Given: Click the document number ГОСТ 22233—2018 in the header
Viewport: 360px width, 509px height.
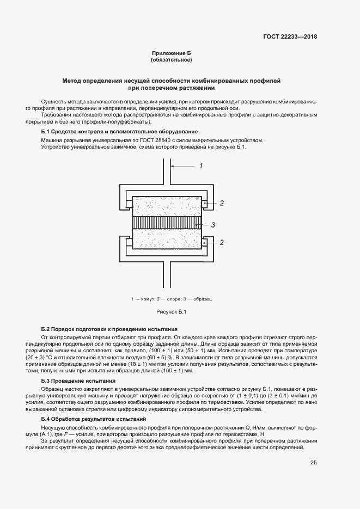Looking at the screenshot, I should [x=290, y=37].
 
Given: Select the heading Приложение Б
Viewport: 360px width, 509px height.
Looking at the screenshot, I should [x=172, y=53].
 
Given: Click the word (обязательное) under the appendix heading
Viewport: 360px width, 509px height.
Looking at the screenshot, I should [x=172, y=60].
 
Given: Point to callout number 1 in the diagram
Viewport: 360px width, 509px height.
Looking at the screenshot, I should [x=200, y=165].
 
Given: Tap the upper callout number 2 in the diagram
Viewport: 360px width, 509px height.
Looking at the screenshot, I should [x=222, y=204].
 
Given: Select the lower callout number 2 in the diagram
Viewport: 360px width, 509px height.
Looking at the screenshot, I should [x=222, y=242].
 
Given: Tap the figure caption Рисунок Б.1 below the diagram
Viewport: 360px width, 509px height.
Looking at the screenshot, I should [x=172, y=311].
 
